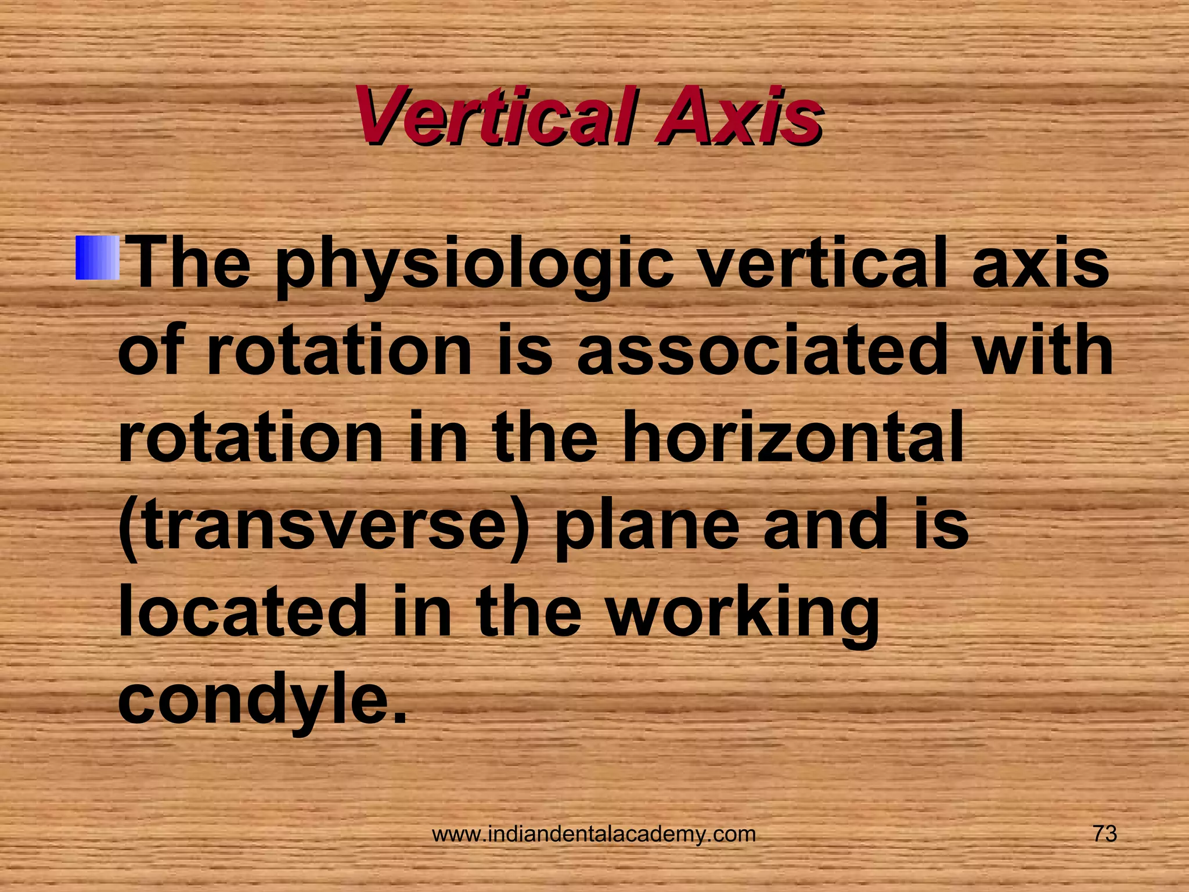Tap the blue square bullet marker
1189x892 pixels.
97,257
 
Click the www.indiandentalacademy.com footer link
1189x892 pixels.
594,835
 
